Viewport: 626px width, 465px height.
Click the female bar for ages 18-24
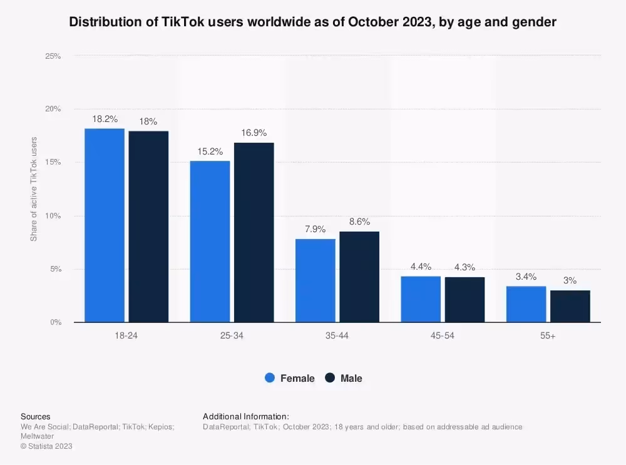(x=105, y=225)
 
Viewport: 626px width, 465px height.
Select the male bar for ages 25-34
(x=254, y=233)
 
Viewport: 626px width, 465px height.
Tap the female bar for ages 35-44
(x=316, y=280)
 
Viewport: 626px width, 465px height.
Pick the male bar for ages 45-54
(x=464, y=300)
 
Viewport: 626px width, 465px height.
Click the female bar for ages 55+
(x=526, y=304)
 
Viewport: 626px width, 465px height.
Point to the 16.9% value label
(x=254, y=133)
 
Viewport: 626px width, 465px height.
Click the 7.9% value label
(x=316, y=229)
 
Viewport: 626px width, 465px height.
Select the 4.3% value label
(x=464, y=267)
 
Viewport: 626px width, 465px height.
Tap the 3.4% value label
(x=526, y=277)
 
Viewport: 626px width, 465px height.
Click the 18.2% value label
(x=105, y=119)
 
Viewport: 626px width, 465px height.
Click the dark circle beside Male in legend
(x=331, y=378)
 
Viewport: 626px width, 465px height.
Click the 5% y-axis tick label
(x=55, y=269)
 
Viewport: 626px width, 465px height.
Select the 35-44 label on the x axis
(x=337, y=336)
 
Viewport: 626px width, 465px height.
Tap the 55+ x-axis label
(x=548, y=336)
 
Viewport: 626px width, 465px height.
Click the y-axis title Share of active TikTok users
(x=34, y=189)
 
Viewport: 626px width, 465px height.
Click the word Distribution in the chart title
(x=103, y=23)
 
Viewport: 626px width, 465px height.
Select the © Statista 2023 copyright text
(x=46, y=446)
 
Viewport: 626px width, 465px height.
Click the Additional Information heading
(x=246, y=416)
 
